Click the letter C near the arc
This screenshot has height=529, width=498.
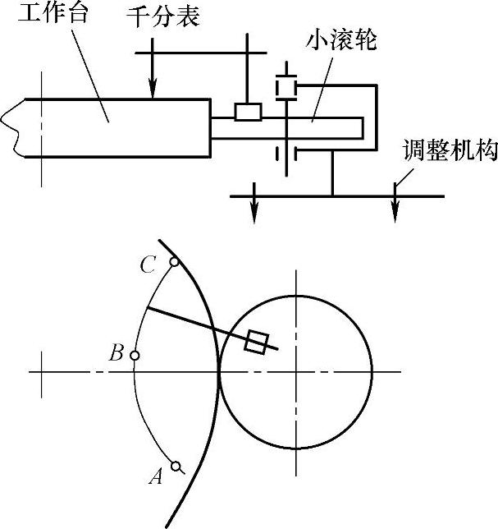(148, 264)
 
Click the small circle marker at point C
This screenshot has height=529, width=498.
(174, 263)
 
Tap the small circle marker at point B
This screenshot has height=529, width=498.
(135, 356)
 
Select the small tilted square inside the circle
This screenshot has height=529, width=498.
(258, 341)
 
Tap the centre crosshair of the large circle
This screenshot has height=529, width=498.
(297, 372)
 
